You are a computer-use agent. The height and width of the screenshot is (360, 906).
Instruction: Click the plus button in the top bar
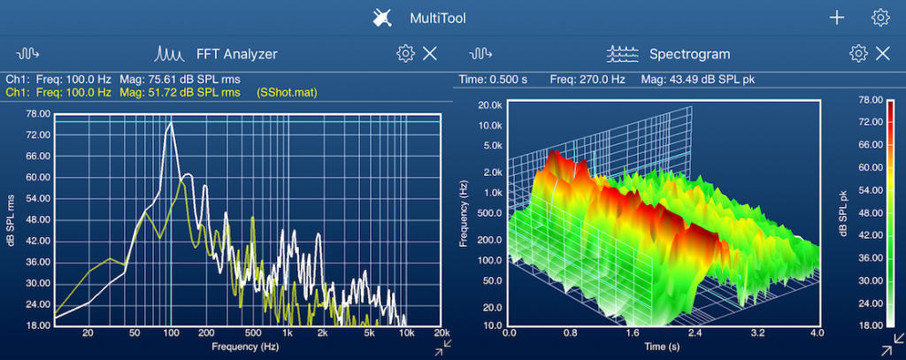click(837, 18)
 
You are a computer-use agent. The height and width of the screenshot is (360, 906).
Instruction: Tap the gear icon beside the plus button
click(879, 18)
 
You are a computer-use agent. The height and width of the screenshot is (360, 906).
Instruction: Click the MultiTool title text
click(437, 18)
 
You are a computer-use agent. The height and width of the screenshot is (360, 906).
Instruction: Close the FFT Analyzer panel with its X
click(430, 54)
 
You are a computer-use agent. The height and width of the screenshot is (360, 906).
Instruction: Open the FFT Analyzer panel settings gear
click(405, 54)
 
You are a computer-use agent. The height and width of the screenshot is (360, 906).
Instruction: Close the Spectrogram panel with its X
click(882, 54)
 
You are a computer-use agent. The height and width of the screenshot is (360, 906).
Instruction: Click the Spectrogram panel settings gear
click(857, 54)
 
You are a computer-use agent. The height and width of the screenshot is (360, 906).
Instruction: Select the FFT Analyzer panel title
click(236, 54)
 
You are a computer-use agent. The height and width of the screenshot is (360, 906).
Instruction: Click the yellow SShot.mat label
click(287, 92)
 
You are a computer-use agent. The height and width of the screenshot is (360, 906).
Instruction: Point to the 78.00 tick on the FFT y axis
click(38, 113)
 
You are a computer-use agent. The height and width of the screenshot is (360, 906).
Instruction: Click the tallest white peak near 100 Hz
click(170, 125)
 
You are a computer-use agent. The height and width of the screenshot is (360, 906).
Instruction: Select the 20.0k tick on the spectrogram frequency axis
click(489, 104)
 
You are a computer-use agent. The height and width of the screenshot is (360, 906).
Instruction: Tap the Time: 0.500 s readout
click(494, 80)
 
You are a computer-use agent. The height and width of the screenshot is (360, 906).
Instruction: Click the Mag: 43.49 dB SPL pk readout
click(697, 80)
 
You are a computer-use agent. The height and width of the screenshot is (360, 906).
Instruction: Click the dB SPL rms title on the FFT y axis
click(11, 218)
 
